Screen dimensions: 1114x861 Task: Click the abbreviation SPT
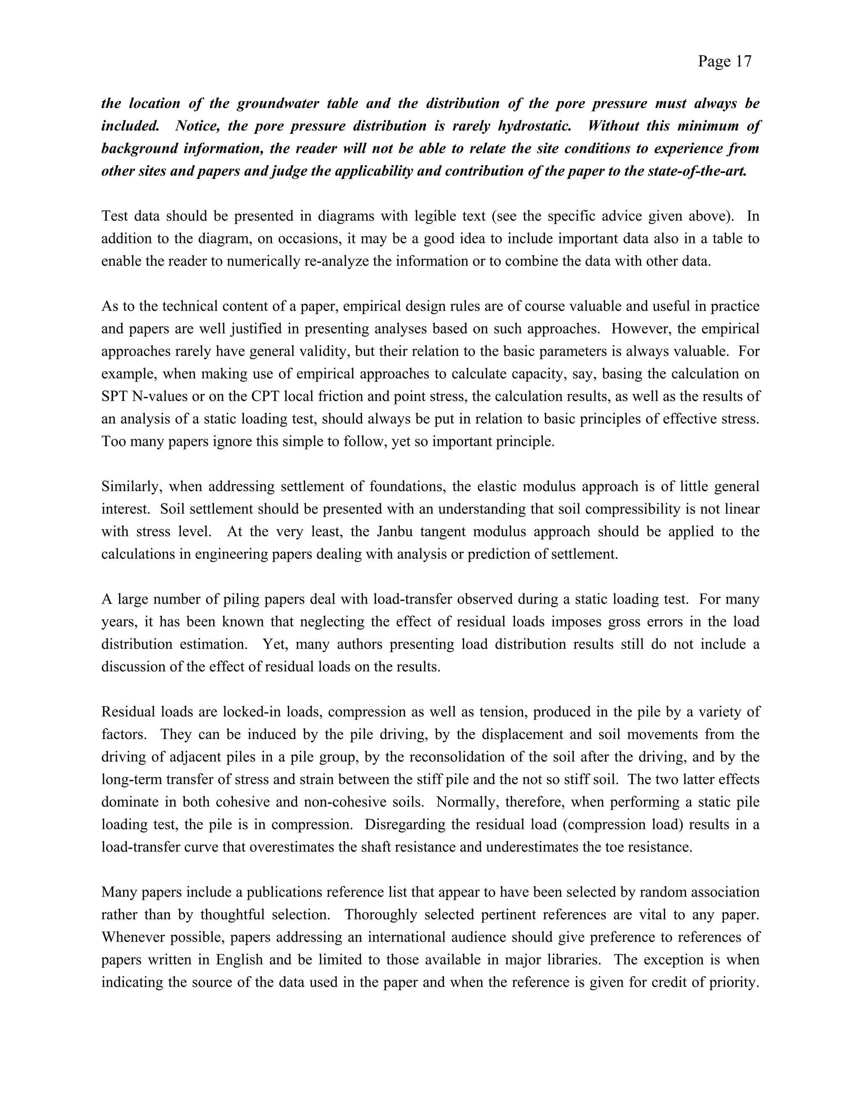(114, 396)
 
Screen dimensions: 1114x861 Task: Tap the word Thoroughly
(380, 915)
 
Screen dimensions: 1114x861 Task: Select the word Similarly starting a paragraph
(132, 487)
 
